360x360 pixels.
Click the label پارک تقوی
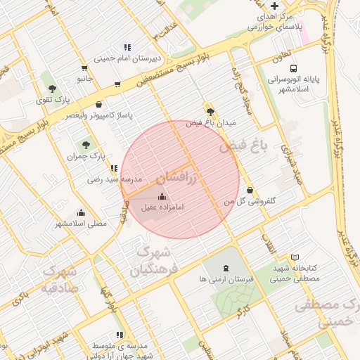coord(53,100)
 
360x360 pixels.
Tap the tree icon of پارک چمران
coord(86,144)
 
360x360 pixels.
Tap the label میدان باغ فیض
coord(211,122)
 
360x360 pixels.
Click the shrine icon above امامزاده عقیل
coord(163,197)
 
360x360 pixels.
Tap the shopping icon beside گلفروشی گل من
coord(251,189)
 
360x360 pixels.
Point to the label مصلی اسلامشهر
coord(82,224)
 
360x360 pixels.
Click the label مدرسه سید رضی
coord(114,179)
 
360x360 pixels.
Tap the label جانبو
coord(85,79)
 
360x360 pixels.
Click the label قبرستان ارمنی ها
coord(226,279)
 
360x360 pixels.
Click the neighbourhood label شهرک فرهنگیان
coord(156,259)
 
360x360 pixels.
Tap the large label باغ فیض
coord(244,146)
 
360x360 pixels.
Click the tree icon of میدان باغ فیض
coord(210,111)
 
